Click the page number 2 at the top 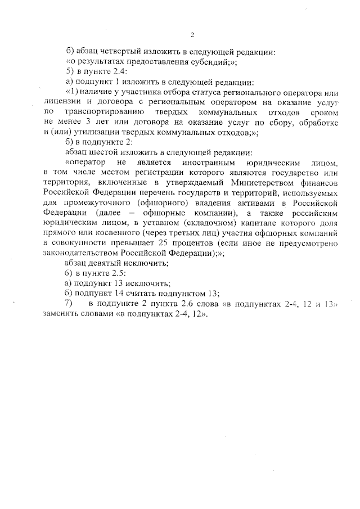pyautogui.click(x=192, y=35)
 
